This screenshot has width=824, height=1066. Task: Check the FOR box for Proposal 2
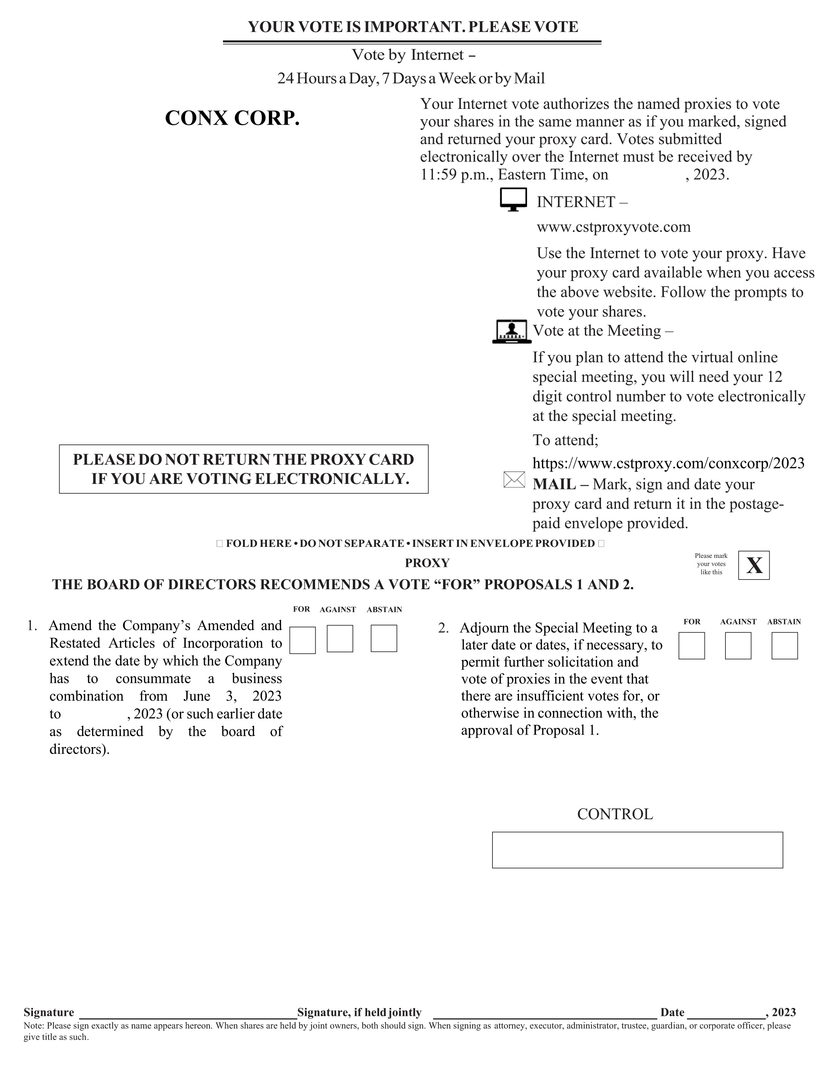(x=691, y=646)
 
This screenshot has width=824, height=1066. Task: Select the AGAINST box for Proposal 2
(x=738, y=646)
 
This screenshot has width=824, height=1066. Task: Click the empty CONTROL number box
(x=637, y=850)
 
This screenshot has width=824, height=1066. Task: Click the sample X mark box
(x=754, y=565)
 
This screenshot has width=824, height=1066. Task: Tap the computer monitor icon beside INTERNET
(x=513, y=199)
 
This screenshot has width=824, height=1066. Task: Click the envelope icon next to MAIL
(x=514, y=480)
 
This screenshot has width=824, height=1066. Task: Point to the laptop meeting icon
(x=511, y=332)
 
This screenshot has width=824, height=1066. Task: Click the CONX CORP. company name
(x=232, y=118)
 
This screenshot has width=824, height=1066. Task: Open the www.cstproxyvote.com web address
(x=614, y=227)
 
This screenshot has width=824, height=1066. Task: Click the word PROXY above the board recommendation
(x=427, y=563)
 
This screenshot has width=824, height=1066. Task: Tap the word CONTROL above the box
(x=615, y=814)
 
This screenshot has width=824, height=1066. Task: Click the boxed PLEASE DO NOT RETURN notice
(x=244, y=469)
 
